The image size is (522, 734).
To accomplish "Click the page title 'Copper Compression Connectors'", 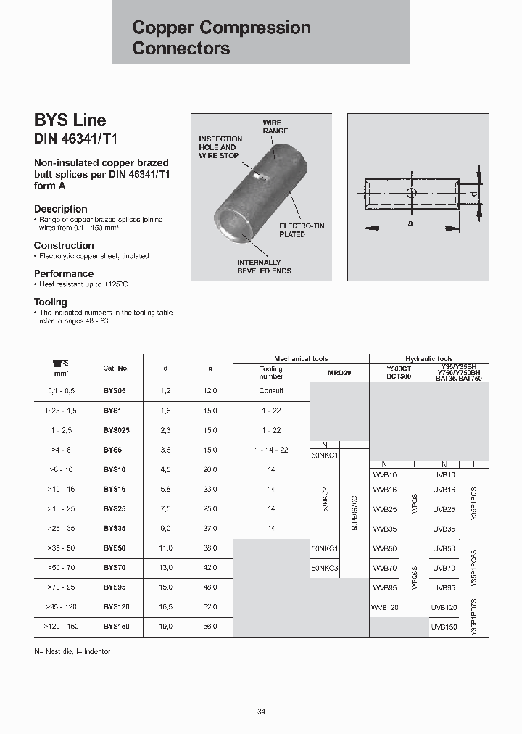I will pyautogui.click(x=221, y=38).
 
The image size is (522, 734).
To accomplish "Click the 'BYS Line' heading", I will pyautogui.click(x=70, y=120).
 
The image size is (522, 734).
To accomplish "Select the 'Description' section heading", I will pyautogui.click(x=61, y=209).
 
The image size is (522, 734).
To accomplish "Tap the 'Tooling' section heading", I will pyautogui.click(x=51, y=302).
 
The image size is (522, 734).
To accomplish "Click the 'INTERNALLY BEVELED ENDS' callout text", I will pyautogui.click(x=264, y=266).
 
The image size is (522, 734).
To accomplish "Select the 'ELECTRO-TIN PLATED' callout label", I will pyautogui.click(x=302, y=231).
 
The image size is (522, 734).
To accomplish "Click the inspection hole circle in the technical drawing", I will pyautogui.click(x=411, y=194).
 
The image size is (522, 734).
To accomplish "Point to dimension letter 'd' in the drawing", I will pyautogui.click(x=473, y=194).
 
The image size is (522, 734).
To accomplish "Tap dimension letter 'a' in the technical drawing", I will pyautogui.click(x=410, y=224).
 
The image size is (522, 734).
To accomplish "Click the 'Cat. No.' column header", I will pyautogui.click(x=116, y=368).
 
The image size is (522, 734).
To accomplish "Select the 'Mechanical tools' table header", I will pyautogui.click(x=300, y=359).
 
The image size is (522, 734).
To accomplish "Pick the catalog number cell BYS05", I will pyautogui.click(x=115, y=390).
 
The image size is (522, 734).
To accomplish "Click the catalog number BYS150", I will pyautogui.click(x=116, y=626).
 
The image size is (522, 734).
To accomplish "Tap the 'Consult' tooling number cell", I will pyautogui.click(x=271, y=390).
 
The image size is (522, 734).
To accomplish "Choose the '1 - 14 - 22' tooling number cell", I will pyautogui.click(x=271, y=450).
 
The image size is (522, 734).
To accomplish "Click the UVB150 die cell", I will pyautogui.click(x=444, y=626).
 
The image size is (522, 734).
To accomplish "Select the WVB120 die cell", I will pyautogui.click(x=384, y=606).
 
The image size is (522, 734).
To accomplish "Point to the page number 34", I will pyautogui.click(x=261, y=711).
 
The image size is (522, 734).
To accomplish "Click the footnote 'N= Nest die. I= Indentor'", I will pyautogui.click(x=72, y=652).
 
